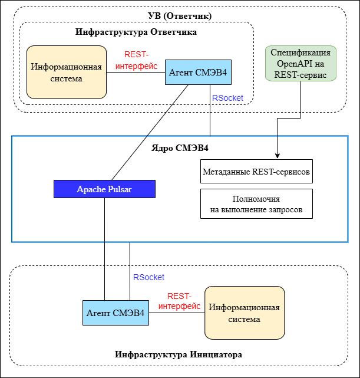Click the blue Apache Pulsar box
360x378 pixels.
[x=104, y=189]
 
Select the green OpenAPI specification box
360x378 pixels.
[x=300, y=63]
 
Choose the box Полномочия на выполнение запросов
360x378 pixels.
[x=256, y=204]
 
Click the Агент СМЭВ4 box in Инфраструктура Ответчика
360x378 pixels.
[x=198, y=73]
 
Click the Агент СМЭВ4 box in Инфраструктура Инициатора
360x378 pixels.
[x=115, y=313]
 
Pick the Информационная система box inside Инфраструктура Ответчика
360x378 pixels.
[x=66, y=72]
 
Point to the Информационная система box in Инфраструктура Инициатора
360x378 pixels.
[x=244, y=313]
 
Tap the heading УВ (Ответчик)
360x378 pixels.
[x=180, y=15]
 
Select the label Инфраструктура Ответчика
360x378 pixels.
[x=136, y=32]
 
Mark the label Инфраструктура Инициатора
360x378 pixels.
[x=179, y=354]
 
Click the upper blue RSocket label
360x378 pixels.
[x=227, y=98]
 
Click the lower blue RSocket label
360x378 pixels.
[x=148, y=277]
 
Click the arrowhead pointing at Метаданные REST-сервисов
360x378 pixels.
[x=278, y=155]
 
